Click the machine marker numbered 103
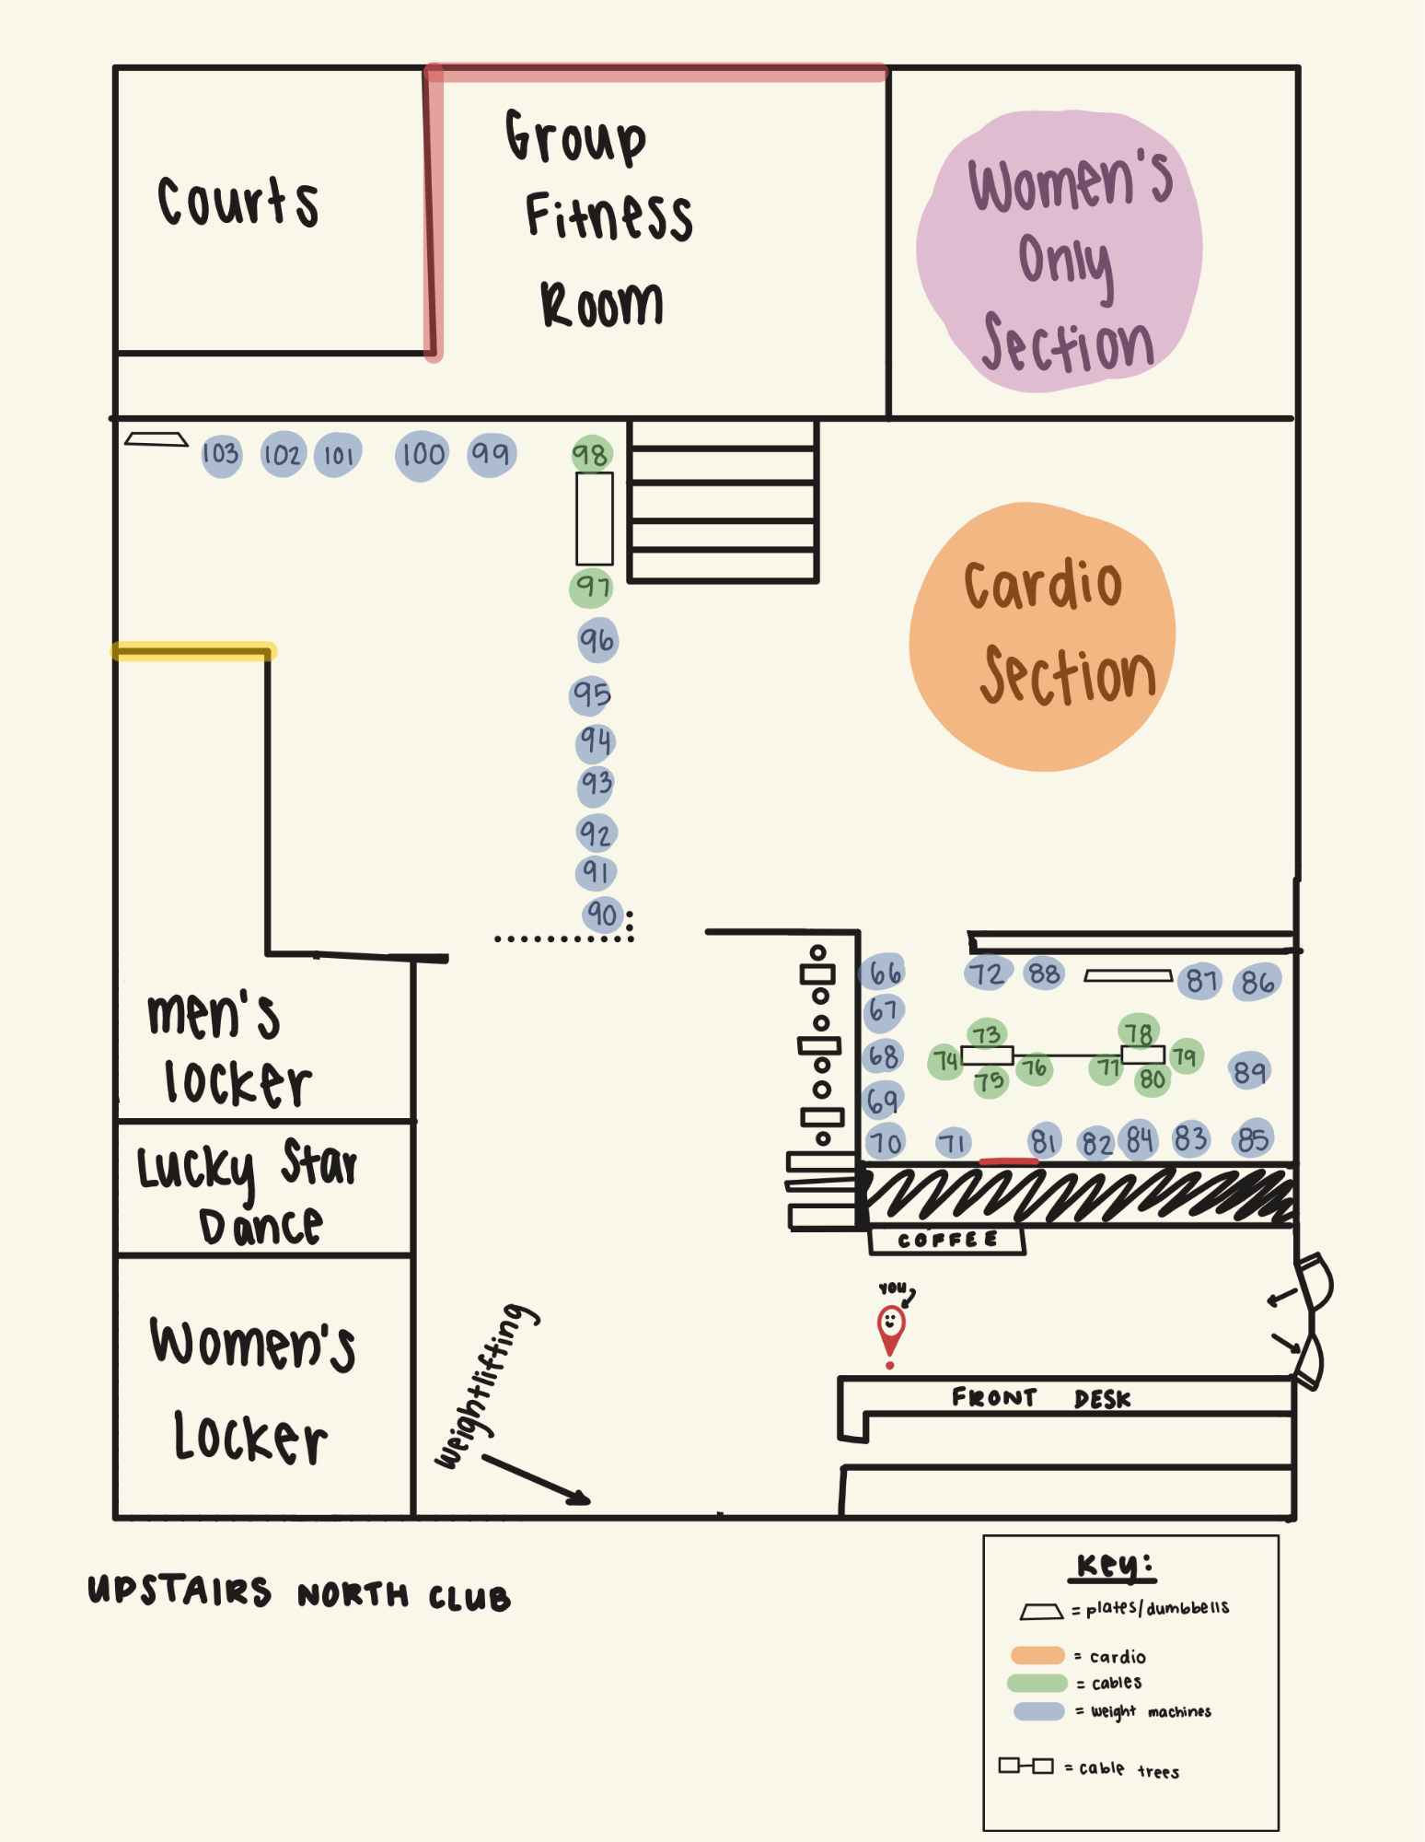(221, 455)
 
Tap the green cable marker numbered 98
(591, 454)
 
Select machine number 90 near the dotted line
(603, 915)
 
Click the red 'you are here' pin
(890, 1332)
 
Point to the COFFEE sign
(947, 1241)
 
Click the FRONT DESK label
(1041, 1398)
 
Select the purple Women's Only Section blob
(1060, 251)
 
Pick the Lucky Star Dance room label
(247, 1192)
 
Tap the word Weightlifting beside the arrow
(487, 1384)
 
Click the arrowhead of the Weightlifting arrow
(583, 1500)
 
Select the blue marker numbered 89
(1249, 1071)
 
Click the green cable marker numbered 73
(986, 1034)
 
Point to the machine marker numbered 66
(884, 973)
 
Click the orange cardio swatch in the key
(1037, 1655)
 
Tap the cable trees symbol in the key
(1026, 1766)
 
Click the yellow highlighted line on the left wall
(193, 651)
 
